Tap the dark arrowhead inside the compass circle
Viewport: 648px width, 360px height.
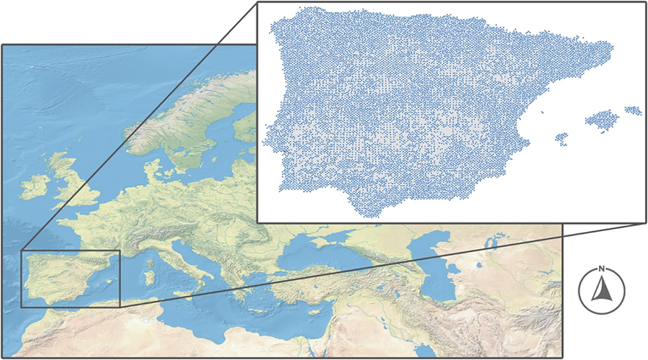coord(602,289)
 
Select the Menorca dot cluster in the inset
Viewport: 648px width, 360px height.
coord(633,110)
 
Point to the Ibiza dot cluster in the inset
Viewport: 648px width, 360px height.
coord(561,137)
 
